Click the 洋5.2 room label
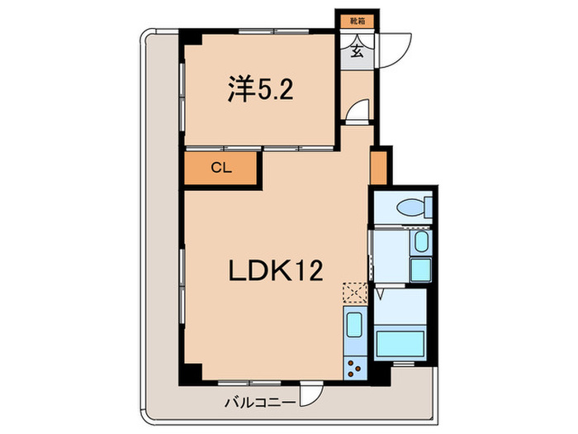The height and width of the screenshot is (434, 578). pyautogui.click(x=258, y=89)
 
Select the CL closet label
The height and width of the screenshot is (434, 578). pyautogui.click(x=220, y=168)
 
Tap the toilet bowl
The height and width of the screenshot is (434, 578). pyautogui.click(x=409, y=207)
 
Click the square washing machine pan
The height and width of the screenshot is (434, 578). pyautogui.click(x=421, y=269)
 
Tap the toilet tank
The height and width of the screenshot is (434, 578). pyautogui.click(x=426, y=206)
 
